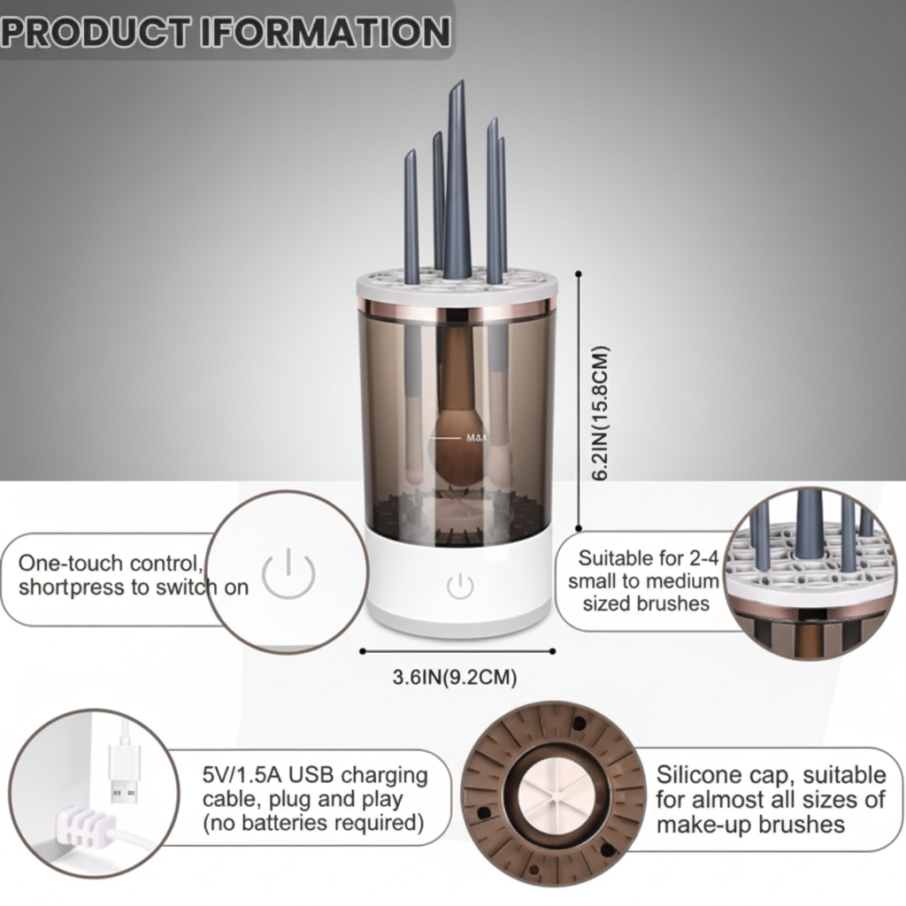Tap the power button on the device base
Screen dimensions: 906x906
pyautogui.click(x=459, y=585)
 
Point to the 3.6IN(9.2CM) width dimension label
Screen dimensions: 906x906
pyautogui.click(x=455, y=678)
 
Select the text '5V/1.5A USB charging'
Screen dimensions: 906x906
pyautogui.click(x=314, y=776)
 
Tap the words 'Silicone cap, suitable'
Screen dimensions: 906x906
pyautogui.click(x=770, y=776)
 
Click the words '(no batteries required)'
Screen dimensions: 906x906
pyautogui.click(x=311, y=824)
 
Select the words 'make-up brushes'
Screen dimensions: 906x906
pyautogui.click(x=749, y=825)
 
